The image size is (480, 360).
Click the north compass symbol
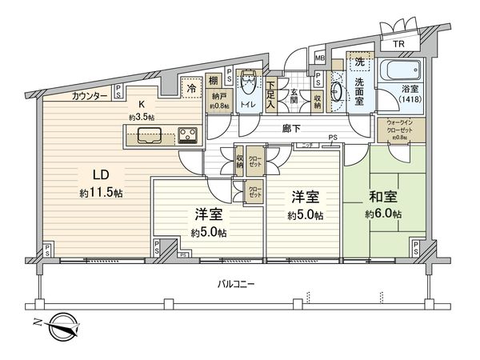point(62,326)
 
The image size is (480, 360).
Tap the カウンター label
point(89,95)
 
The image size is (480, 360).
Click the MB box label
point(319,58)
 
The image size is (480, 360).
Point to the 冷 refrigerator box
point(190,86)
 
